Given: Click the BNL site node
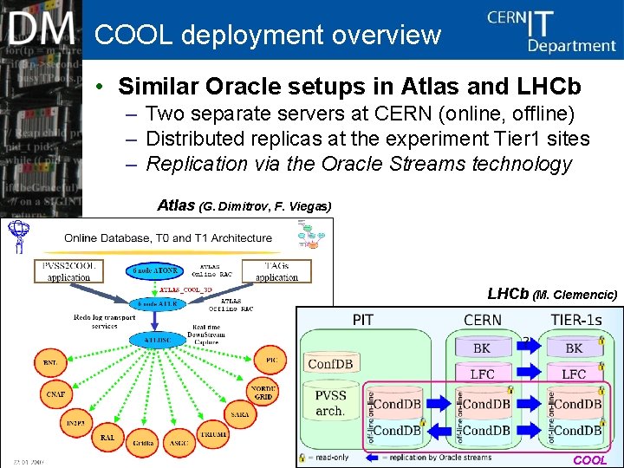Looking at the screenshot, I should [x=50, y=361].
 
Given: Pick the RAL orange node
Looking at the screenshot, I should [x=107, y=438].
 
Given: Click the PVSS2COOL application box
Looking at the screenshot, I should [x=68, y=271].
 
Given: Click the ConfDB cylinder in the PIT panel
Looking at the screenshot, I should [x=329, y=364].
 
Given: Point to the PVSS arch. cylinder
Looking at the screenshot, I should [x=329, y=404].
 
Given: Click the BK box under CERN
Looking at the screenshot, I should [x=482, y=348].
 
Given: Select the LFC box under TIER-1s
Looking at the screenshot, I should [x=574, y=374].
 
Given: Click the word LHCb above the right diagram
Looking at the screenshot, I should [x=507, y=294].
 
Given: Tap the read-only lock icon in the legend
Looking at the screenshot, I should [x=302, y=457].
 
